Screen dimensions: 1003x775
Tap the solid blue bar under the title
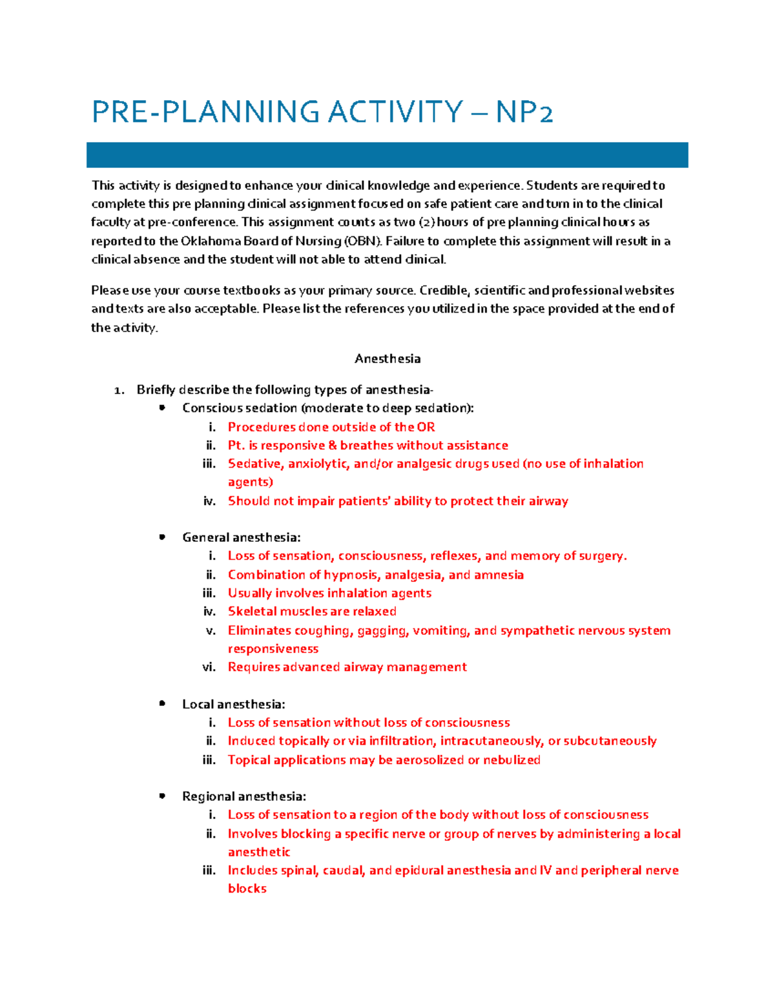click(387, 155)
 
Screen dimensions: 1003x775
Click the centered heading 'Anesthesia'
click(387, 358)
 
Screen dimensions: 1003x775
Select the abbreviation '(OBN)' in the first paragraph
click(362, 241)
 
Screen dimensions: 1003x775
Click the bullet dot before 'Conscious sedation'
click(162, 408)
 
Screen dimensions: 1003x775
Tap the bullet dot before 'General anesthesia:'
click(162, 537)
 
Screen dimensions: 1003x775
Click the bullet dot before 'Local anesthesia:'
click(162, 703)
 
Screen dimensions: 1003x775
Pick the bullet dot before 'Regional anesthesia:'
click(162, 796)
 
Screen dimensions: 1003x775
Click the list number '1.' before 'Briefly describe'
click(119, 390)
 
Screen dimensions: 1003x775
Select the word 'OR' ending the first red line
click(426, 427)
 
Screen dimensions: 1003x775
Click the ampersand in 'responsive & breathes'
click(333, 446)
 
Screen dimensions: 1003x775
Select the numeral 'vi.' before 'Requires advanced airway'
click(209, 667)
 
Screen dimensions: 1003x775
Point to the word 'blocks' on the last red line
click(247, 889)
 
